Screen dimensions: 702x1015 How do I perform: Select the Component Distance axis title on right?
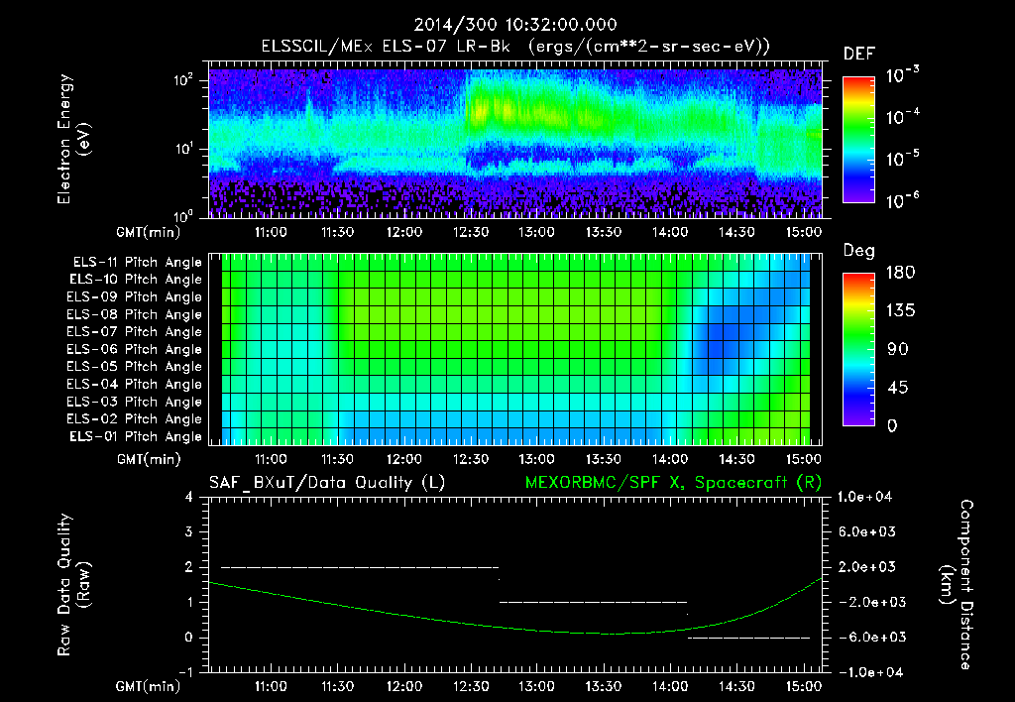(x=959, y=585)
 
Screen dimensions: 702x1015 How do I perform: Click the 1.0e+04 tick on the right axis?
(x=866, y=497)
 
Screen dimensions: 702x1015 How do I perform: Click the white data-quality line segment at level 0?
(x=748, y=638)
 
